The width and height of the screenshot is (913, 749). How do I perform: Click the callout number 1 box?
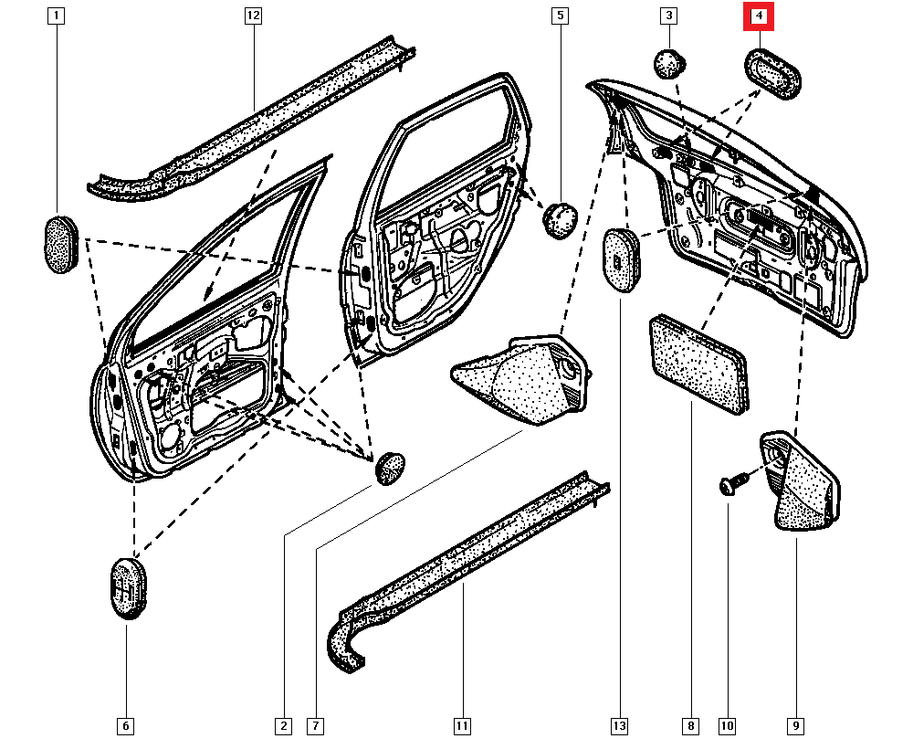(x=58, y=16)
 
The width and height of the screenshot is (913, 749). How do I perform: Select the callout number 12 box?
(x=253, y=16)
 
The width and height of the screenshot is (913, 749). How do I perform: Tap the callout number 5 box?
(x=560, y=16)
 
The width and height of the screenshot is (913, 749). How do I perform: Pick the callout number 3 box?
(x=669, y=16)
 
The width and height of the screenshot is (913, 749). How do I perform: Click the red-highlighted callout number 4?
(x=758, y=16)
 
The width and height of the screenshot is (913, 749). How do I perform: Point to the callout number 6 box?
(x=126, y=726)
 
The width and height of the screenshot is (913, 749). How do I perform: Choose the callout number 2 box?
(x=283, y=726)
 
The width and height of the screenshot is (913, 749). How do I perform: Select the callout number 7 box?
(x=314, y=726)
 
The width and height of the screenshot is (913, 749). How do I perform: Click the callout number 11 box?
(x=462, y=726)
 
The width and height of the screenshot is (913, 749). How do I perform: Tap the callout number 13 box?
(x=620, y=726)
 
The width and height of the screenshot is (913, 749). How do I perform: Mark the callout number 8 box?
(x=690, y=726)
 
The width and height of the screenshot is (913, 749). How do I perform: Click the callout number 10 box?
(x=727, y=726)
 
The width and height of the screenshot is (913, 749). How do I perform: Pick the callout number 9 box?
(x=796, y=726)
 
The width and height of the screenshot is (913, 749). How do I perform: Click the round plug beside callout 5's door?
(x=561, y=219)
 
